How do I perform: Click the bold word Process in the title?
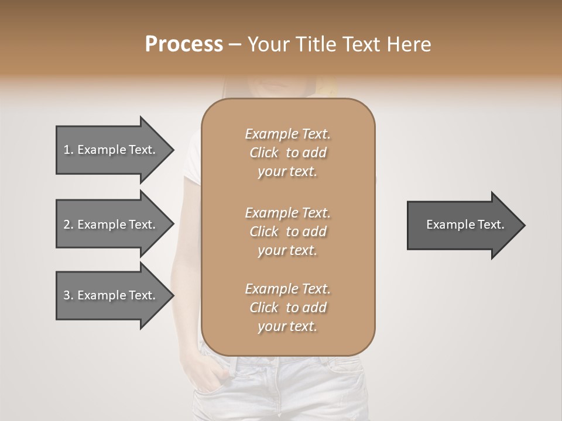(184, 44)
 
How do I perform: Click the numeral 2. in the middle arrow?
(68, 225)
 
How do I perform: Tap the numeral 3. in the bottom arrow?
(68, 295)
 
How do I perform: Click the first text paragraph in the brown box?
(287, 153)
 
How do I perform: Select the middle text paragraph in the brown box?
(287, 232)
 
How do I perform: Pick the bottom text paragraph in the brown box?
(287, 308)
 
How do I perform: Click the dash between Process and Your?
(235, 44)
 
